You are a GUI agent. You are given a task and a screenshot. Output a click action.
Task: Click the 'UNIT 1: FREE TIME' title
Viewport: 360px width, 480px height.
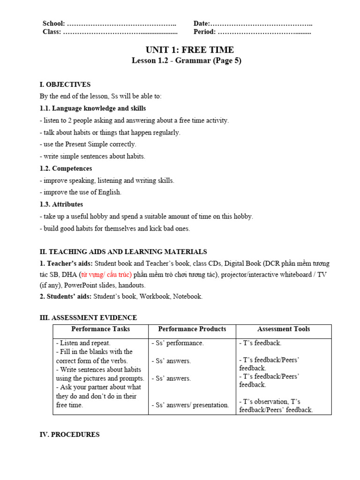pos(189,50)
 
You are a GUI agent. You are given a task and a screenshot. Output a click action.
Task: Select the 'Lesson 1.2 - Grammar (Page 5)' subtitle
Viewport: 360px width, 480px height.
pos(186,60)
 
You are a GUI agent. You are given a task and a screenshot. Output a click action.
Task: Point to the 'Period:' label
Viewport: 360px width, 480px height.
pos(205,32)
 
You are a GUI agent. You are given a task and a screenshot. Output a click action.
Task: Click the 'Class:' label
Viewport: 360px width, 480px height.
pos(52,32)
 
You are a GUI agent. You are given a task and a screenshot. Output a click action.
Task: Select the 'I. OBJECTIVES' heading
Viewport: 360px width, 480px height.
pos(65,84)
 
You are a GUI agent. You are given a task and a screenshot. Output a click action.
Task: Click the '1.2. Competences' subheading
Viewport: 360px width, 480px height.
pos(66,168)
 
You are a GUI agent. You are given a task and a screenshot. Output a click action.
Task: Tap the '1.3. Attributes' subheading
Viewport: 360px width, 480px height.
pos(61,204)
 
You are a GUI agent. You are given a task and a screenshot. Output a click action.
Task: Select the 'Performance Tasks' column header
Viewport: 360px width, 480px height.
pos(100,329)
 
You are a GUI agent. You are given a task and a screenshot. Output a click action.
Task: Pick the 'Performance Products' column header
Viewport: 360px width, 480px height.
pos(192,329)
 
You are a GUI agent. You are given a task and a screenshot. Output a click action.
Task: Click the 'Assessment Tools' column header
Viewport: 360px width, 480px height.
pos(284,329)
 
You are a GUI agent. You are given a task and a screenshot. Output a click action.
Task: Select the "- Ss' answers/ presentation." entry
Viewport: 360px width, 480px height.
pos(190,405)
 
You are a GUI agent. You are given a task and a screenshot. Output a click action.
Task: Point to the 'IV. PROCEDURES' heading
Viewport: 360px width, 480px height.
pos(69,435)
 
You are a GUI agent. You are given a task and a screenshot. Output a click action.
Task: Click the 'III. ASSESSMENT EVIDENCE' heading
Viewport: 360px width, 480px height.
pos(88,318)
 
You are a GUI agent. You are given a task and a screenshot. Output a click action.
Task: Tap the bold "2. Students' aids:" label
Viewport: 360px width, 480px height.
pos(66,296)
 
